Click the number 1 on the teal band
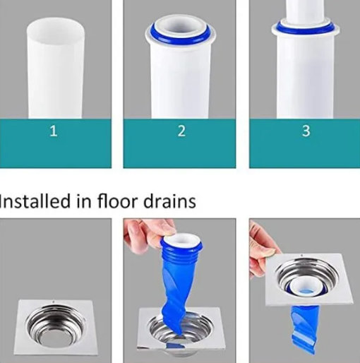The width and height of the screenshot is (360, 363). click(x=54, y=131)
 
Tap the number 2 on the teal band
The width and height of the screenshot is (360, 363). click(x=181, y=131)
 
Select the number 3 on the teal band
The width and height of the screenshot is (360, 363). click(x=305, y=131)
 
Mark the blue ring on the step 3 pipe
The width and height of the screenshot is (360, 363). click(x=305, y=28)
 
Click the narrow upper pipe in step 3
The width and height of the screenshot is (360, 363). click(x=305, y=10)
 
